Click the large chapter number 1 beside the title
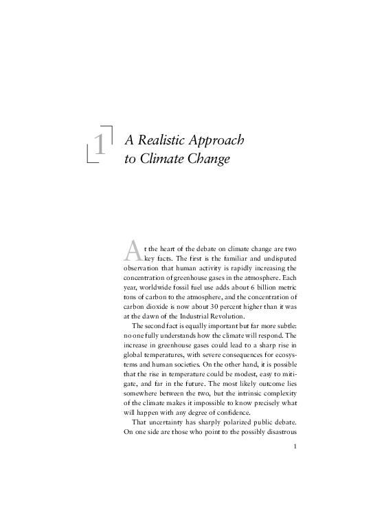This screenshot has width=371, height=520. point(101,145)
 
